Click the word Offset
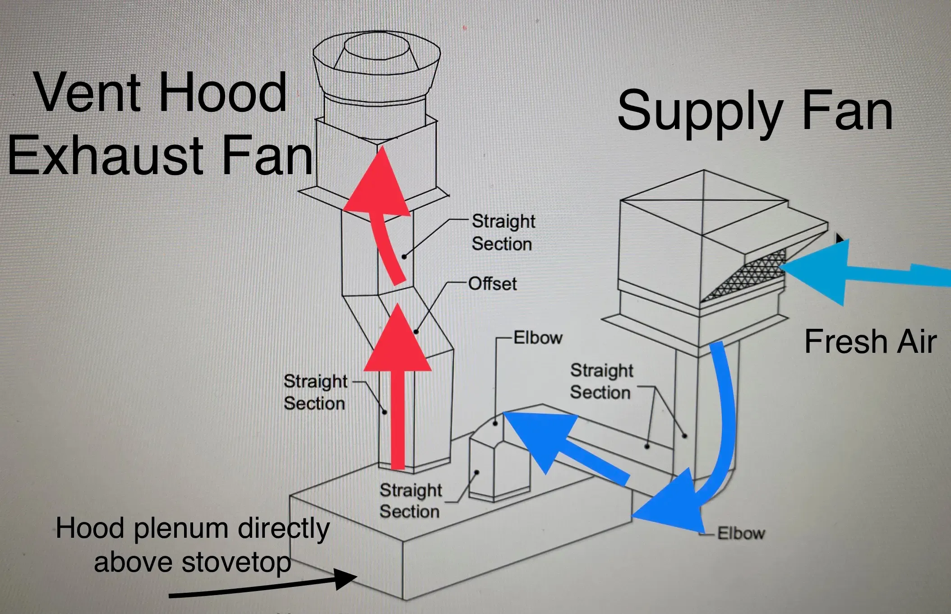[492, 284]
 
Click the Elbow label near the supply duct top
[538, 338]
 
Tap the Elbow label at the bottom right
[741, 534]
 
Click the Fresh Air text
[870, 342]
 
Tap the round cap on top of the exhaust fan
[377, 48]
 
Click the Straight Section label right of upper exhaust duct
[503, 233]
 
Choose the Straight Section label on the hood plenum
[410, 501]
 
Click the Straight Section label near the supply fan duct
[601, 382]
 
